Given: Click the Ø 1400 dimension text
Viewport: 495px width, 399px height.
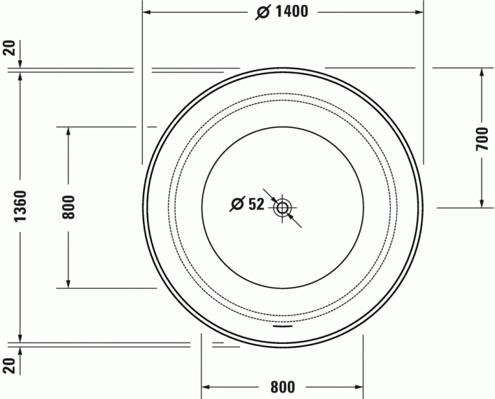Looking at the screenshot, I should [283, 12].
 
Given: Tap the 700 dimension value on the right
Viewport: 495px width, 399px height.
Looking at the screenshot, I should [482, 139].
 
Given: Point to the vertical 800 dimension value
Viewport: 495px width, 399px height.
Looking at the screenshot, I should [69, 207].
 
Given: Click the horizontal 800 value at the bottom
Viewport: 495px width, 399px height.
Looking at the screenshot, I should [282, 387].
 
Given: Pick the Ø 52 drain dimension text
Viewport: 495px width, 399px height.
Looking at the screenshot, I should [247, 204].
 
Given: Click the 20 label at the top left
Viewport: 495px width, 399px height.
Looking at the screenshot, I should [8, 48].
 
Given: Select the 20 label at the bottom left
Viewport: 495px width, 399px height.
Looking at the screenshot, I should [8, 365].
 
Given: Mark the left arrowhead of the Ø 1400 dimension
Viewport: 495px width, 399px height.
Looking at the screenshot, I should [147, 12].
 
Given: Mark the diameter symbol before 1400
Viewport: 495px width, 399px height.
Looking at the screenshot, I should [262, 12].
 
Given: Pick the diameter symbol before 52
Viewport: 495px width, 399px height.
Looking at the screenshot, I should [238, 204].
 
